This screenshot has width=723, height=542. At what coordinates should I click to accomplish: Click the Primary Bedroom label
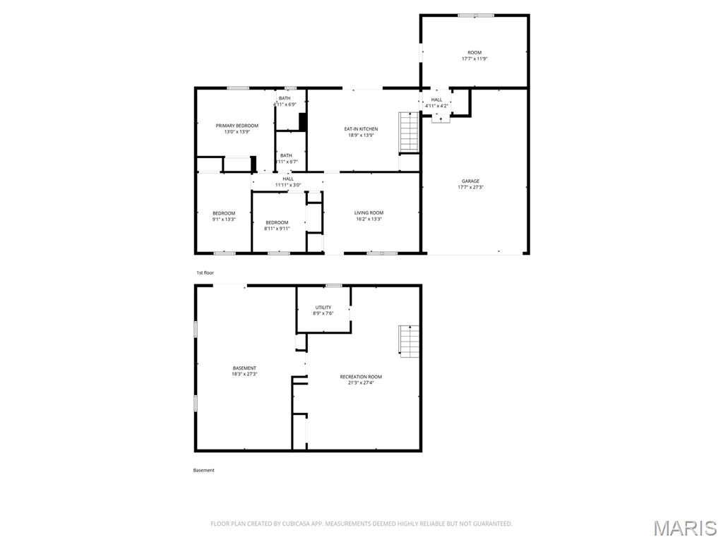pyautogui.click(x=237, y=126)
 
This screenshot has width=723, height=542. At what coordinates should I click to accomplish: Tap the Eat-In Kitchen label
pyautogui.click(x=361, y=129)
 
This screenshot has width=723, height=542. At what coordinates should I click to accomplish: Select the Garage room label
pyautogui.click(x=470, y=181)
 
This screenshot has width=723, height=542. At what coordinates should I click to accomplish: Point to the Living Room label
pyautogui.click(x=369, y=213)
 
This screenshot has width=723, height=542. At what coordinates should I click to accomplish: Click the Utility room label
pyautogui.click(x=323, y=308)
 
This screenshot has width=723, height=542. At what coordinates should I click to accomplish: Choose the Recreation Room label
pyautogui.click(x=361, y=377)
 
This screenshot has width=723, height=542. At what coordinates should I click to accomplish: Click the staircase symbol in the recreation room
pyautogui.click(x=410, y=342)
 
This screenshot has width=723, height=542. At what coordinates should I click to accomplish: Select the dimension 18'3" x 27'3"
pyautogui.click(x=244, y=374)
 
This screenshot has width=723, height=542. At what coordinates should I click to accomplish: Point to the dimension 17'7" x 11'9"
pyautogui.click(x=474, y=59)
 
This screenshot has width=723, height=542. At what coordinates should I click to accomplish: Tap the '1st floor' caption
pyautogui.click(x=205, y=272)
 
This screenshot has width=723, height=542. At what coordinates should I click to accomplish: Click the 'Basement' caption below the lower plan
pyautogui.click(x=204, y=470)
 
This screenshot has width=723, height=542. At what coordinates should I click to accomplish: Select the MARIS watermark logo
pyautogui.click(x=684, y=528)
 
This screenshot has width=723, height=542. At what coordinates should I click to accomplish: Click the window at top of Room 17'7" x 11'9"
pyautogui.click(x=476, y=15)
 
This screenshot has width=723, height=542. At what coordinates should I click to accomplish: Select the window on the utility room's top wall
pyautogui.click(x=333, y=285)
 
